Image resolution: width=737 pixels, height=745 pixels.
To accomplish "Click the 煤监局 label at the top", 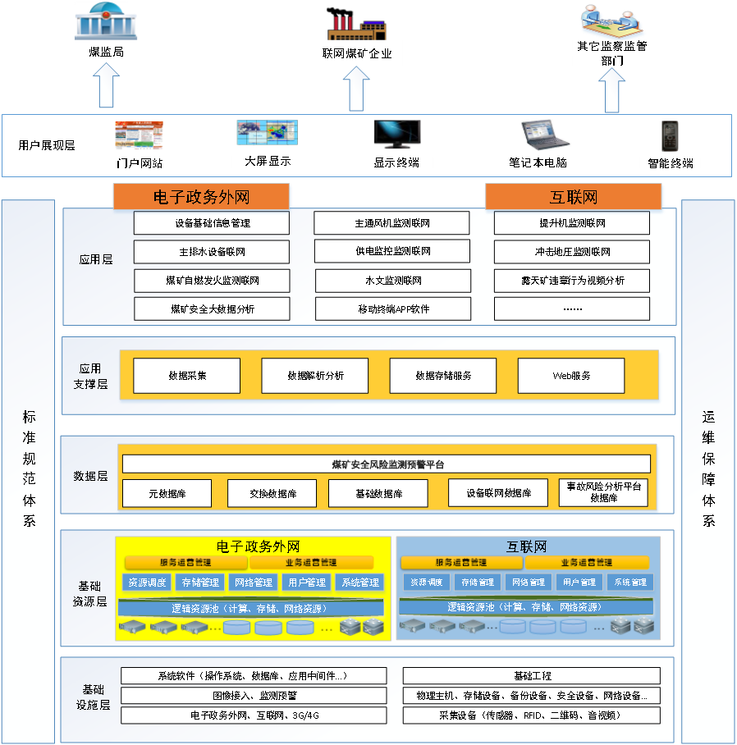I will [x=107, y=52].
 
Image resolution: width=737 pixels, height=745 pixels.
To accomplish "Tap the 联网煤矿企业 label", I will [x=357, y=54].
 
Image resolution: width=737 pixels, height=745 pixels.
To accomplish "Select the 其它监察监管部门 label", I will [x=612, y=53].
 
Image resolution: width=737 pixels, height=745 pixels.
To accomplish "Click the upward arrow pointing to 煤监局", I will [x=107, y=85].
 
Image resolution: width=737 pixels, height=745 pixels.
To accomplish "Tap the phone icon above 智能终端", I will [x=670, y=136].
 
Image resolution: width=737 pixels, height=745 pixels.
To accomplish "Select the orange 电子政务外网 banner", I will [x=201, y=197].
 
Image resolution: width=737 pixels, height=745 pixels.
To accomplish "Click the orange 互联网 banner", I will [x=573, y=197].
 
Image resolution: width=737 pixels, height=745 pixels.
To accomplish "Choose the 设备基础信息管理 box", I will [x=212, y=223].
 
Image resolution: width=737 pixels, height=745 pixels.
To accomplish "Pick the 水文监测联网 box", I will [x=393, y=281].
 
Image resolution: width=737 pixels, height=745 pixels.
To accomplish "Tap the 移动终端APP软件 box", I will [x=393, y=309].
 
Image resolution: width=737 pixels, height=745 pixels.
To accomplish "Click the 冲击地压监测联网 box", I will [x=572, y=252].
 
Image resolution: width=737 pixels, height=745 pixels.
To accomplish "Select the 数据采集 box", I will [x=187, y=376].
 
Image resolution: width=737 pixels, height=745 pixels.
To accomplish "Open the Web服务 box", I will [x=571, y=376].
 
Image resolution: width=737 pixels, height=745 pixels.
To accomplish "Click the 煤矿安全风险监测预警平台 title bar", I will [x=387, y=464].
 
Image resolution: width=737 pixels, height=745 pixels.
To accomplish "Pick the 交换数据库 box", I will [x=273, y=494].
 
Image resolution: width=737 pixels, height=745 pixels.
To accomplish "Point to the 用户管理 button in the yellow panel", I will [x=305, y=583].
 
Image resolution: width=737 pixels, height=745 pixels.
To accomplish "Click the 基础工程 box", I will [x=532, y=676].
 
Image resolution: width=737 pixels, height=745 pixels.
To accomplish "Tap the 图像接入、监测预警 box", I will [x=254, y=696].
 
